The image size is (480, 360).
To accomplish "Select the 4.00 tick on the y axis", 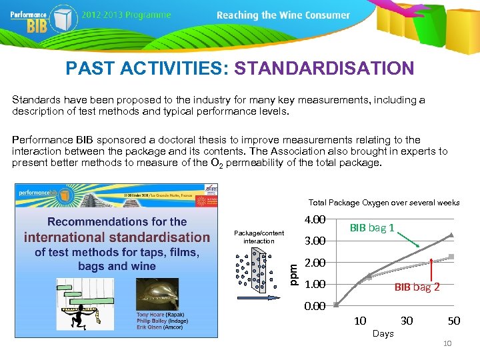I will click(314, 220).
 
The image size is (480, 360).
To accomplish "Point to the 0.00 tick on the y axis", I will click(314, 306).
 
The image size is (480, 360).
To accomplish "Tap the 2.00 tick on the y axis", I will click(314, 263).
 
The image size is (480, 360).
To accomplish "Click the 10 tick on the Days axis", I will click(360, 321).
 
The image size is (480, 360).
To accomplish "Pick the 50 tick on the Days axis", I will click(453, 321).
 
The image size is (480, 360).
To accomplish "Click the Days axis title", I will click(383, 333).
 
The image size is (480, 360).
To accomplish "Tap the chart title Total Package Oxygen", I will click(383, 203).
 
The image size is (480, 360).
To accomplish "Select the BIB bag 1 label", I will click(372, 228).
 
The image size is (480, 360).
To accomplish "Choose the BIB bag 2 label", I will click(417, 287).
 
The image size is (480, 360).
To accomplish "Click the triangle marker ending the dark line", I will click(451, 234).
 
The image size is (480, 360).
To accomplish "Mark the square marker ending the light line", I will click(451, 256).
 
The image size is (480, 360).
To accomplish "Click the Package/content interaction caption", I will click(259, 237).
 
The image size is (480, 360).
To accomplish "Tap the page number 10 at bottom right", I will click(447, 343).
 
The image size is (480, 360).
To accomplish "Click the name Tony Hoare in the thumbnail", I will click(151, 314).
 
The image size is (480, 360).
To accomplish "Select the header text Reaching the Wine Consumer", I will click(283, 15).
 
